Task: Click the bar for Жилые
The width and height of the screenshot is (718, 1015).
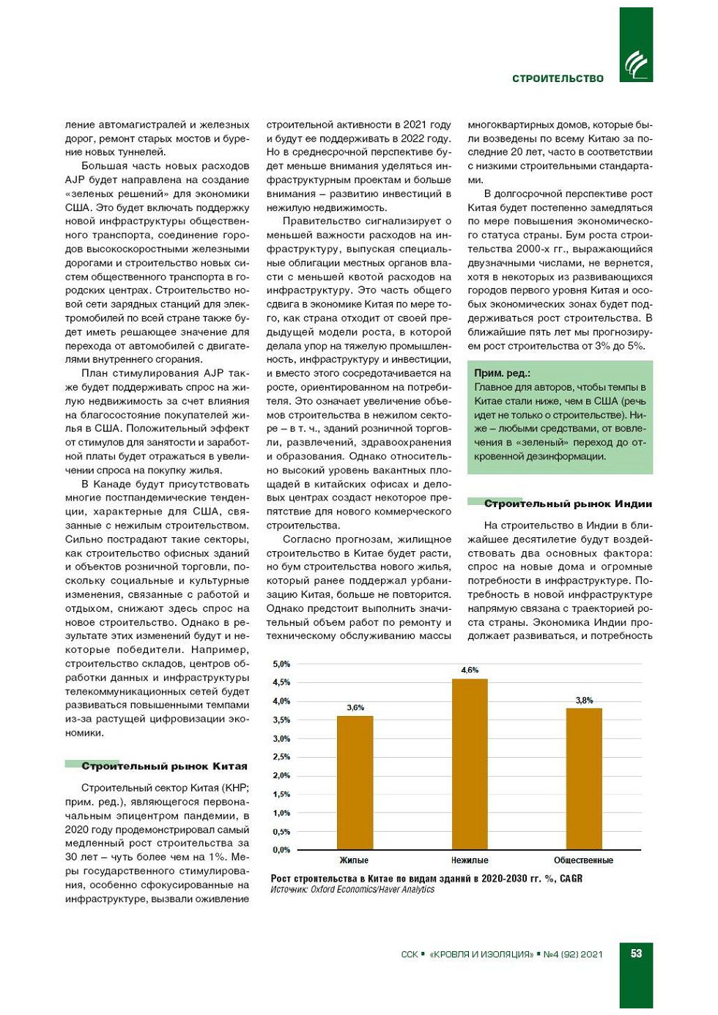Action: click(x=355, y=782)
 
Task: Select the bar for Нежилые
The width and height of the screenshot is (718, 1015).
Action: click(x=470, y=764)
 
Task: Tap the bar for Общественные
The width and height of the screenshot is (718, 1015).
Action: click(x=584, y=778)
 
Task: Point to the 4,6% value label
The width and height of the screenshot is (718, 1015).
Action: click(x=470, y=670)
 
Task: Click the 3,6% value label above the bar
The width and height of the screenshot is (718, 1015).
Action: click(x=355, y=707)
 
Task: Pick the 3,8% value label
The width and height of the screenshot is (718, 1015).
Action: click(x=584, y=700)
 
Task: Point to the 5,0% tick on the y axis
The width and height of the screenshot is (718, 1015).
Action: click(x=281, y=664)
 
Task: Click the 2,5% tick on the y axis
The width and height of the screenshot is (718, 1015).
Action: click(x=281, y=756)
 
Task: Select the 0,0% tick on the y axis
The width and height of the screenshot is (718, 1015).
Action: click(x=281, y=849)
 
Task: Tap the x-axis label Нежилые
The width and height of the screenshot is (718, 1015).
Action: click(x=470, y=860)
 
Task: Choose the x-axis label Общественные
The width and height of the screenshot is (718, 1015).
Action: click(x=583, y=860)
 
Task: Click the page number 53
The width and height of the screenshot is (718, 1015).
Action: click(x=636, y=953)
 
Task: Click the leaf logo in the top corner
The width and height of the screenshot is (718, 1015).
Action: click(x=635, y=65)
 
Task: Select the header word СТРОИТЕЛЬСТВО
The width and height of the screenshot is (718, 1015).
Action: click(x=558, y=78)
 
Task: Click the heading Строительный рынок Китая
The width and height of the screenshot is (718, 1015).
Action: click(x=164, y=766)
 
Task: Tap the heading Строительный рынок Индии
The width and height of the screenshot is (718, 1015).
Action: click(x=568, y=503)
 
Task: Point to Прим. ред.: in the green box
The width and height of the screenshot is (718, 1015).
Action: click(x=502, y=373)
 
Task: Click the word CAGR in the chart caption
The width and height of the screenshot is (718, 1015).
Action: click(x=571, y=878)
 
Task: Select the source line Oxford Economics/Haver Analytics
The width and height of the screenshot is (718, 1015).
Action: click(x=372, y=890)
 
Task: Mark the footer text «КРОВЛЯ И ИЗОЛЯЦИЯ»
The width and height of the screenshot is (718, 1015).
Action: click(x=481, y=954)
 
